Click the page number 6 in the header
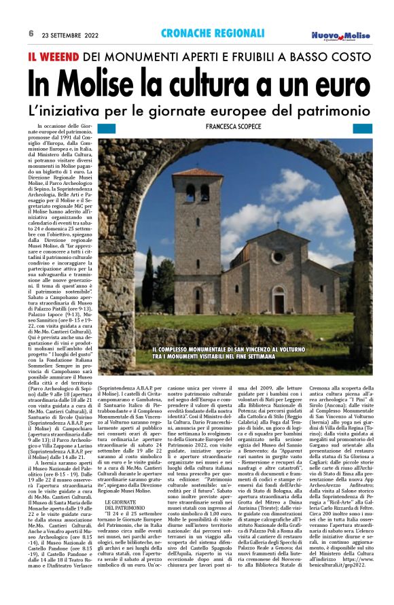pos(31,33)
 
